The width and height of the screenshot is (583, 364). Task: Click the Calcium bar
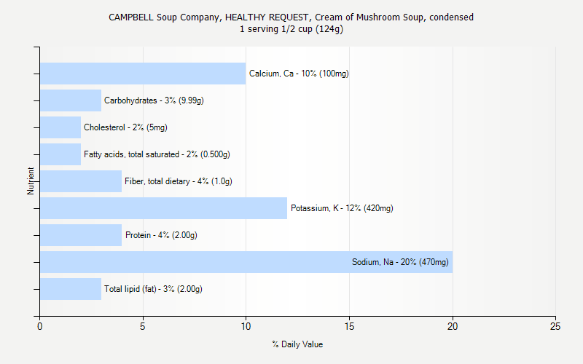(143, 74)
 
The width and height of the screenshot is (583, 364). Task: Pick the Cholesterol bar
(60, 127)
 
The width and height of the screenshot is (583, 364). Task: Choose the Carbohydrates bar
(71, 100)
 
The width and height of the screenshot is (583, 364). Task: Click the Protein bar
(81, 235)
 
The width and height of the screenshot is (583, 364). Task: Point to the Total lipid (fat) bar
(71, 289)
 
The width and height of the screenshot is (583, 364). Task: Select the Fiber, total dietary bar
(81, 181)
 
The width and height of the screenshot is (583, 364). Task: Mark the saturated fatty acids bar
(60, 154)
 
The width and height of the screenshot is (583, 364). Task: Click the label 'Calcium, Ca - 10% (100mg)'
(299, 74)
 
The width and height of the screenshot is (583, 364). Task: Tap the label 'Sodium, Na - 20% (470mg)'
(400, 262)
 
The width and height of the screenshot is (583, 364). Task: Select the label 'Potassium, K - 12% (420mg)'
(342, 208)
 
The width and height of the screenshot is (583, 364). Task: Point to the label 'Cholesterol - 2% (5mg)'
(125, 127)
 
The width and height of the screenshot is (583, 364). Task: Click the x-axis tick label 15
(349, 326)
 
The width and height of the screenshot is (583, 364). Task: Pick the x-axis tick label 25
(555, 326)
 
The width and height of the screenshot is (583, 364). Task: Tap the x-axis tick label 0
(40, 326)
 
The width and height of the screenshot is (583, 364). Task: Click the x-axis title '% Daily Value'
(297, 344)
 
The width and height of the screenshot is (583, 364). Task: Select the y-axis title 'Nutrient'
(31, 181)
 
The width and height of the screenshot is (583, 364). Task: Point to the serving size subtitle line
(291, 29)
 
